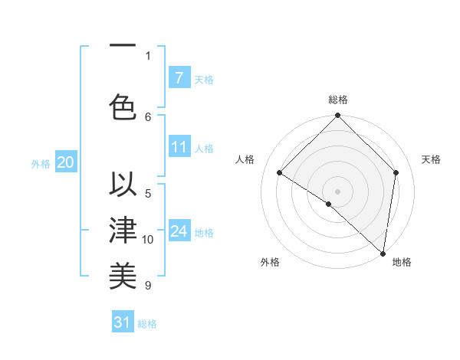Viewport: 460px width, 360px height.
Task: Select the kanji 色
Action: [x=123, y=106]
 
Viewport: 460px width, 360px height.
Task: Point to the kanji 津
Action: [x=123, y=230]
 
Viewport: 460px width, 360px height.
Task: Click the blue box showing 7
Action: [x=179, y=78]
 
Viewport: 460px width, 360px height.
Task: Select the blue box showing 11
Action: [x=179, y=147]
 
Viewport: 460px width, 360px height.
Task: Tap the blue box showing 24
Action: [x=179, y=231]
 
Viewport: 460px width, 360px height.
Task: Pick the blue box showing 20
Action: [x=65, y=162]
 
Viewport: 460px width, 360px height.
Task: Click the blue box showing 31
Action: [x=123, y=322]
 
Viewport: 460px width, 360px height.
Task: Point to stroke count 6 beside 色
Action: [x=148, y=116]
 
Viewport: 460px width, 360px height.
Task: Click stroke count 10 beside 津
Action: [x=148, y=240]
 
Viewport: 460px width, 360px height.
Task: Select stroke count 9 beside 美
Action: [x=148, y=286]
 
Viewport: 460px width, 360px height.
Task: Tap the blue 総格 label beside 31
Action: [x=147, y=324]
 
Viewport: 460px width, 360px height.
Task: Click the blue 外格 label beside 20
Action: [x=41, y=163]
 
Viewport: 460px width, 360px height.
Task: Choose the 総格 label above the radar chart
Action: [x=337, y=100]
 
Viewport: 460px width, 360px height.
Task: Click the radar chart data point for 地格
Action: [x=383, y=254]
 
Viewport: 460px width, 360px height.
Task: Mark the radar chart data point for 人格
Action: [x=280, y=173]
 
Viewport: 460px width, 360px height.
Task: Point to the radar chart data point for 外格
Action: [x=328, y=204]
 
